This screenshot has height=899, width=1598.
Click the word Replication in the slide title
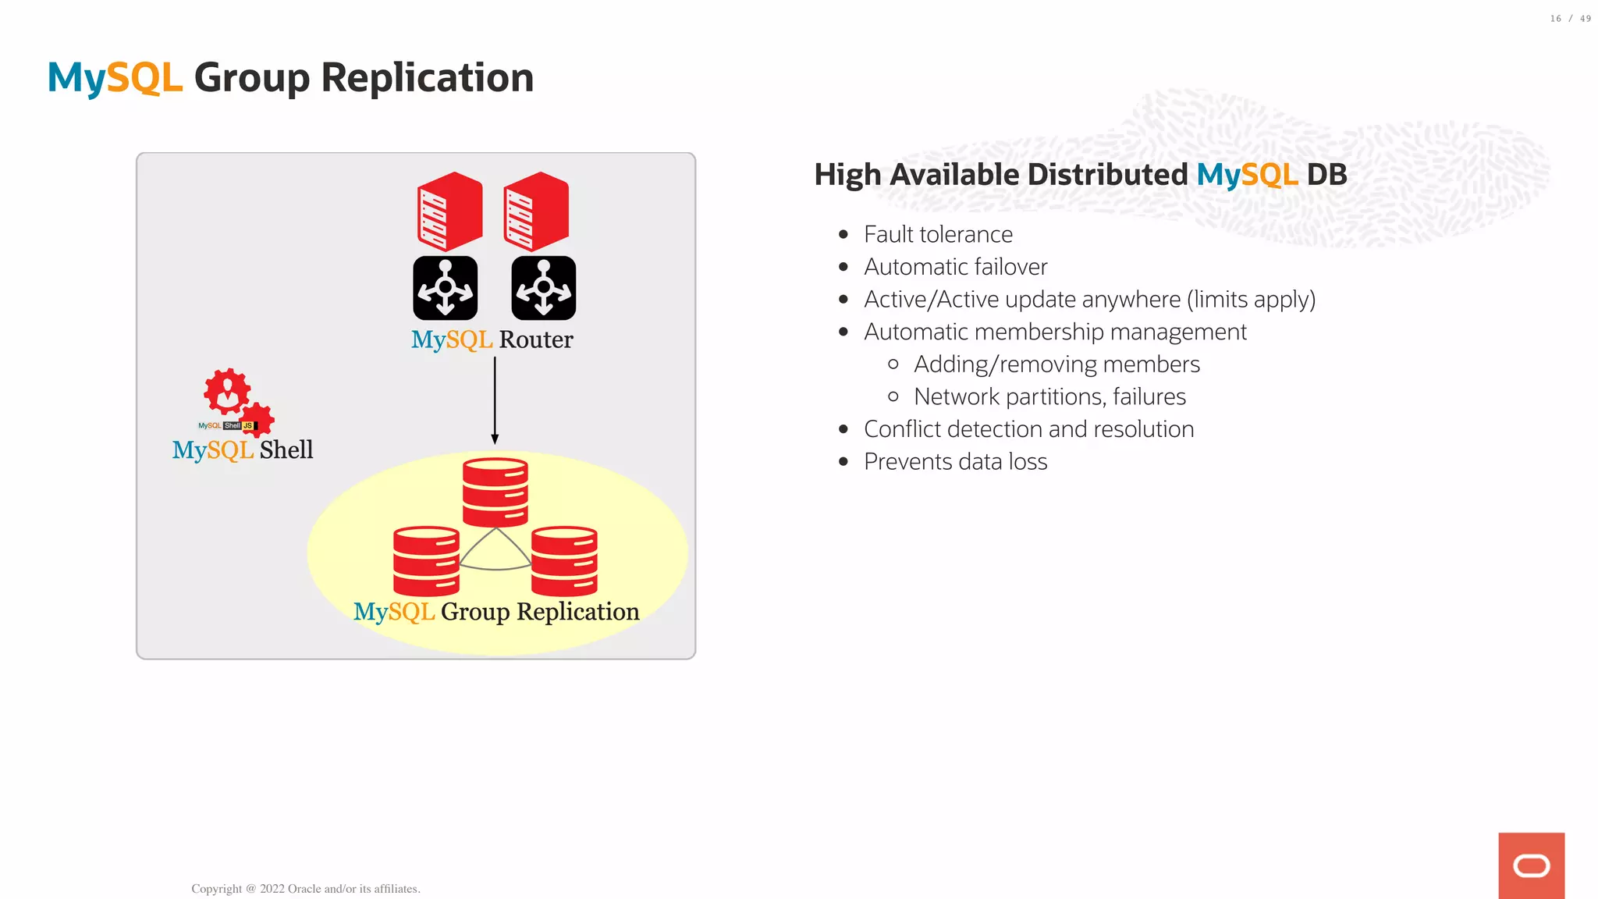427,78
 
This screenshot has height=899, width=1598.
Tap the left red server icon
449,211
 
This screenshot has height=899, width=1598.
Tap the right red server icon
536,211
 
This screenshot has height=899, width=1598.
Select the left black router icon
445,288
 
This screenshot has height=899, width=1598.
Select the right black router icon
544,288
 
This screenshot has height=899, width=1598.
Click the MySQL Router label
492,339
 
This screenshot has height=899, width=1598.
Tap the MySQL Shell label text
243,450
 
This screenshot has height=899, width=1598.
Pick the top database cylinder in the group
495,492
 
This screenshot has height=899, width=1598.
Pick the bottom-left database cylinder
426,561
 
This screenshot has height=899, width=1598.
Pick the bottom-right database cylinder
564,561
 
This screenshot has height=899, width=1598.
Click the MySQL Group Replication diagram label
496,612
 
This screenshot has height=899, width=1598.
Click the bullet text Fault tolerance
938,234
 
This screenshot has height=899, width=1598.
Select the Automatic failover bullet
955,267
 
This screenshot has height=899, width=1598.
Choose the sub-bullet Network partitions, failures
1049,397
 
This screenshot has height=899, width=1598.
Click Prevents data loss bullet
955,462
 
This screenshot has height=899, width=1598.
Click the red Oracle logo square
1531,865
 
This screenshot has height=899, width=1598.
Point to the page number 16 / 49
1570,19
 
